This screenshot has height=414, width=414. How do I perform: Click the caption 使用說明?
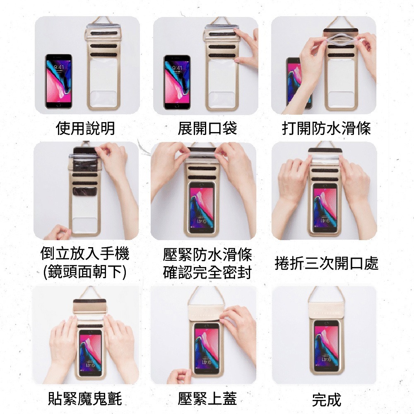pyautogui.click(x=85, y=128)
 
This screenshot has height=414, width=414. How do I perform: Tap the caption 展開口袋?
pyautogui.click(x=207, y=128)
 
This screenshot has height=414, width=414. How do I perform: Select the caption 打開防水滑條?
pyautogui.click(x=326, y=128)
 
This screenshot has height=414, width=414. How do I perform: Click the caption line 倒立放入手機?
pyautogui.click(x=85, y=253)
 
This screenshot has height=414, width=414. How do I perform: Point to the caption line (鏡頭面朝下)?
pyautogui.click(x=85, y=272)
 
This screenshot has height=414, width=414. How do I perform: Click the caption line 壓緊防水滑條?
pyautogui.click(x=207, y=255)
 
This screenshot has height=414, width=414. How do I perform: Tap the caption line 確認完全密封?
pyautogui.click(x=207, y=272)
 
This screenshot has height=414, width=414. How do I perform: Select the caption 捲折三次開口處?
pyautogui.click(x=327, y=263)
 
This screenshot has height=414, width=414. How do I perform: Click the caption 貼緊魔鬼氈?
pyautogui.click(x=85, y=399)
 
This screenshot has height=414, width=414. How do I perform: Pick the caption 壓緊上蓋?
pyautogui.click(x=207, y=399)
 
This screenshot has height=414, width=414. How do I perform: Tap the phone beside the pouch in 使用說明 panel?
pyautogui.click(x=59, y=81)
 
